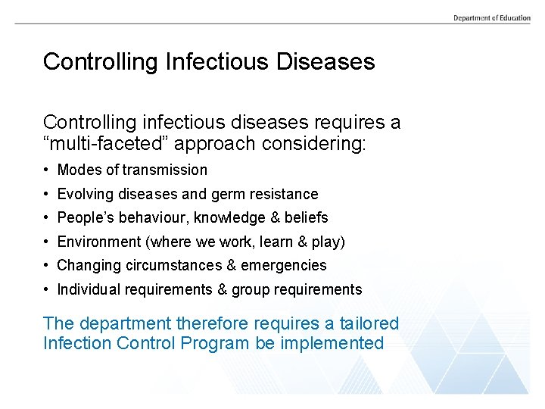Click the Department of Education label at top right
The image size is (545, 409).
tap(492, 17)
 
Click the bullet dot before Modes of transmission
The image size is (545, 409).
tap(47, 170)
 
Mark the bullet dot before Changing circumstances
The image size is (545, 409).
tap(47, 266)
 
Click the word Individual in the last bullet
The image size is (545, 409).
tap(88, 289)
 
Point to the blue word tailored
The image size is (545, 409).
tap(369, 323)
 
